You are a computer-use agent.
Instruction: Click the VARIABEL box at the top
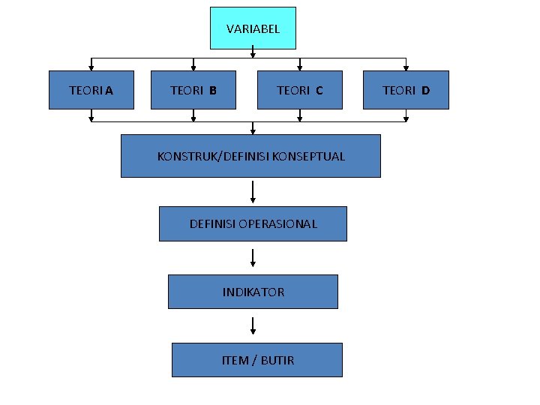[x=253, y=28]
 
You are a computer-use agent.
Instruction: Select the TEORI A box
[x=91, y=90]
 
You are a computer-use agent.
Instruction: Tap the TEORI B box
[x=193, y=90]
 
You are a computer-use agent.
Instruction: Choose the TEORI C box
[x=300, y=90]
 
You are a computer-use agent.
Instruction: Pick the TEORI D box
[x=406, y=90]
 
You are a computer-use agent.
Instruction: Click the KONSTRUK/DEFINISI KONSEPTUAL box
[x=250, y=156]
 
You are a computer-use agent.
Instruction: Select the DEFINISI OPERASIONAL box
[x=253, y=223]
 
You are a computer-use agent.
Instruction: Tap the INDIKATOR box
[x=253, y=292]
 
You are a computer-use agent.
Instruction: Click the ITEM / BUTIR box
[x=257, y=360]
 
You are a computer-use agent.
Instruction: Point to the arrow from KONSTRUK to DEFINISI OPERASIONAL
[x=253, y=191]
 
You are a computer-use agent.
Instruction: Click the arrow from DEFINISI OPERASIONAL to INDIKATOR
[x=253, y=257]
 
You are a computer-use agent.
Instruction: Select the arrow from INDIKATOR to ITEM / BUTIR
[x=253, y=325]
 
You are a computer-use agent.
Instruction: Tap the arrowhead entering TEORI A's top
[x=91, y=67]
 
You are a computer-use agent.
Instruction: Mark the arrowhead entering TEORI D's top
[x=406, y=67]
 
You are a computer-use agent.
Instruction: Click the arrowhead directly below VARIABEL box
[x=253, y=53]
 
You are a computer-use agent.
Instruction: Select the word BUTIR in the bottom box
[x=277, y=360]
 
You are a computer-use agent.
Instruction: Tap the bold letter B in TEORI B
[x=213, y=91]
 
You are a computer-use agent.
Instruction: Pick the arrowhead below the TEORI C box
[x=300, y=118]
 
